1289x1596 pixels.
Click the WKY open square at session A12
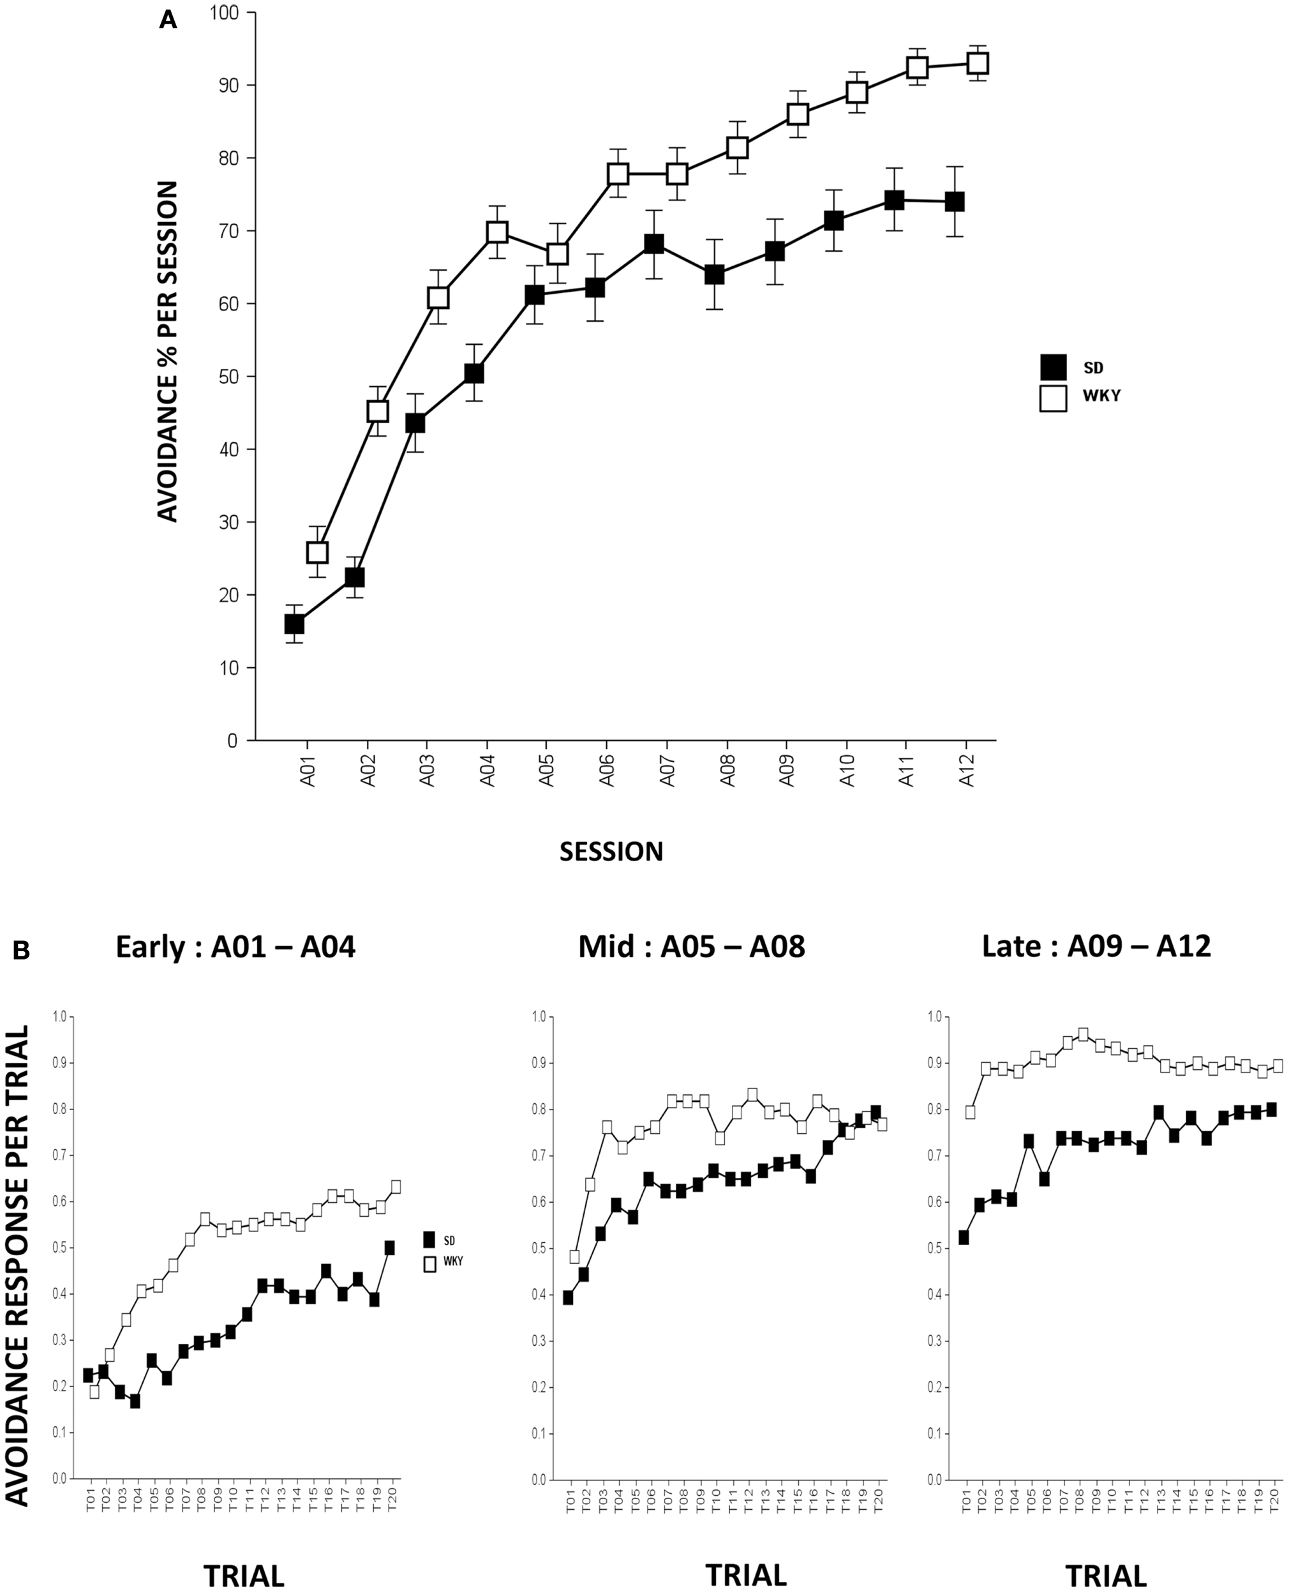(977, 63)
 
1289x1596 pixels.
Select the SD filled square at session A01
(294, 624)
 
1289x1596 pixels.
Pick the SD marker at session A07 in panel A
(653, 244)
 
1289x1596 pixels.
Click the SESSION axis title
(611, 851)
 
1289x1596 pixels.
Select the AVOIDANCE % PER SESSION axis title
(168, 350)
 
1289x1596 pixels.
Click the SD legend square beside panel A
(1053, 367)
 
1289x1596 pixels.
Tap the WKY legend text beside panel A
(1101, 396)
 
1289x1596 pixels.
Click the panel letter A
(168, 20)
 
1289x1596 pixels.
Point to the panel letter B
(21, 951)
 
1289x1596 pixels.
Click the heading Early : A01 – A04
(235, 947)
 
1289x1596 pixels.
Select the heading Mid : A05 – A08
(691, 947)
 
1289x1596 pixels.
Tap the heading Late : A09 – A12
(1096, 947)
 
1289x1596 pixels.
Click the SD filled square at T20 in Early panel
(390, 1247)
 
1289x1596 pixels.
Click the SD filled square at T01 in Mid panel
(568, 1297)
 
